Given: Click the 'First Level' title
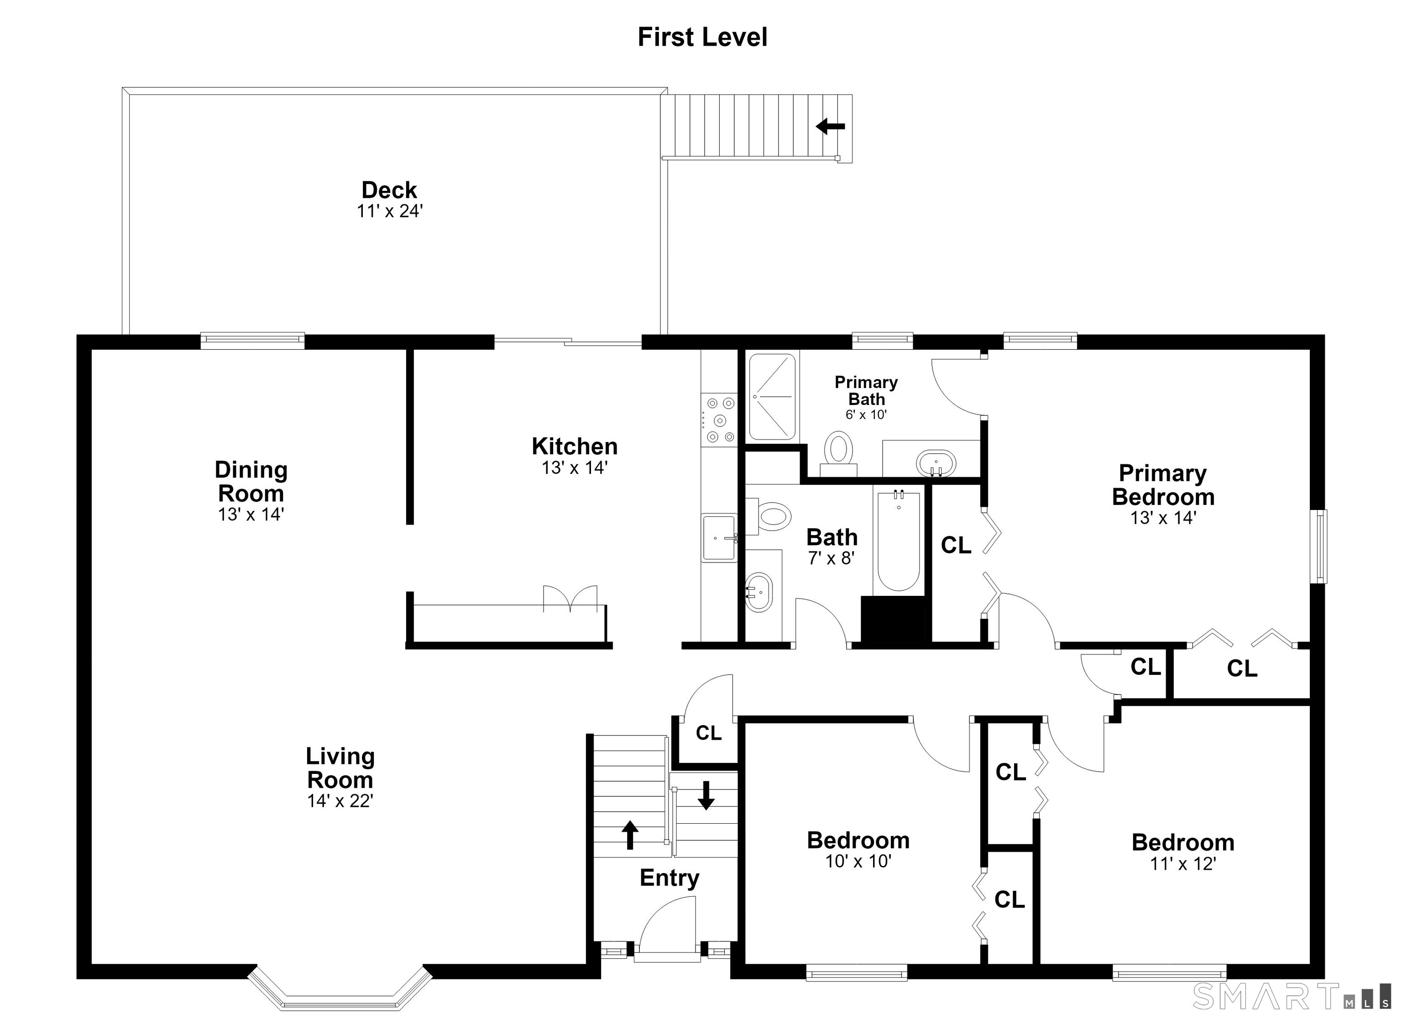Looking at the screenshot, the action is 702,37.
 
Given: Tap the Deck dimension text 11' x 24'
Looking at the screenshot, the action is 389,211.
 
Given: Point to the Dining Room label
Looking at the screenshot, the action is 251,482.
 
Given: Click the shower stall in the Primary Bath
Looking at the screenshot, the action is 772,397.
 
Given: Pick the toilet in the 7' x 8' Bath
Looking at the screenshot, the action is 769,515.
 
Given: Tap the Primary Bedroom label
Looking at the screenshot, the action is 1163,485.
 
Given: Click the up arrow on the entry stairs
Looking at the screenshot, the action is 629,835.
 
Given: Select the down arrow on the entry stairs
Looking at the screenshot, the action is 706,795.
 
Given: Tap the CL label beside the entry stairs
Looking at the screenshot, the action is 708,733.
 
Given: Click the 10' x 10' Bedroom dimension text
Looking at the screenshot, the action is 858,861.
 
